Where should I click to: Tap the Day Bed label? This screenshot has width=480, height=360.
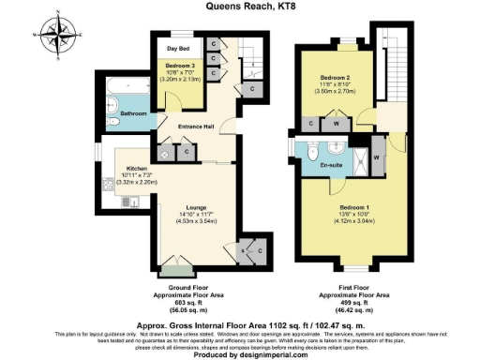pyautogui.click(x=178, y=47)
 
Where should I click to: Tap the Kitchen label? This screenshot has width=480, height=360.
pyautogui.click(x=137, y=169)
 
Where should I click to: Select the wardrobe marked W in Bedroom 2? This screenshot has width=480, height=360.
pyautogui.click(x=336, y=123)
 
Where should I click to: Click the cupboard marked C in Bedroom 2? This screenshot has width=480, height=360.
pyautogui.click(x=311, y=123)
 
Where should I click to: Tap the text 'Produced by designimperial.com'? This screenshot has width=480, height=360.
pyautogui.click(x=239, y=354)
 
